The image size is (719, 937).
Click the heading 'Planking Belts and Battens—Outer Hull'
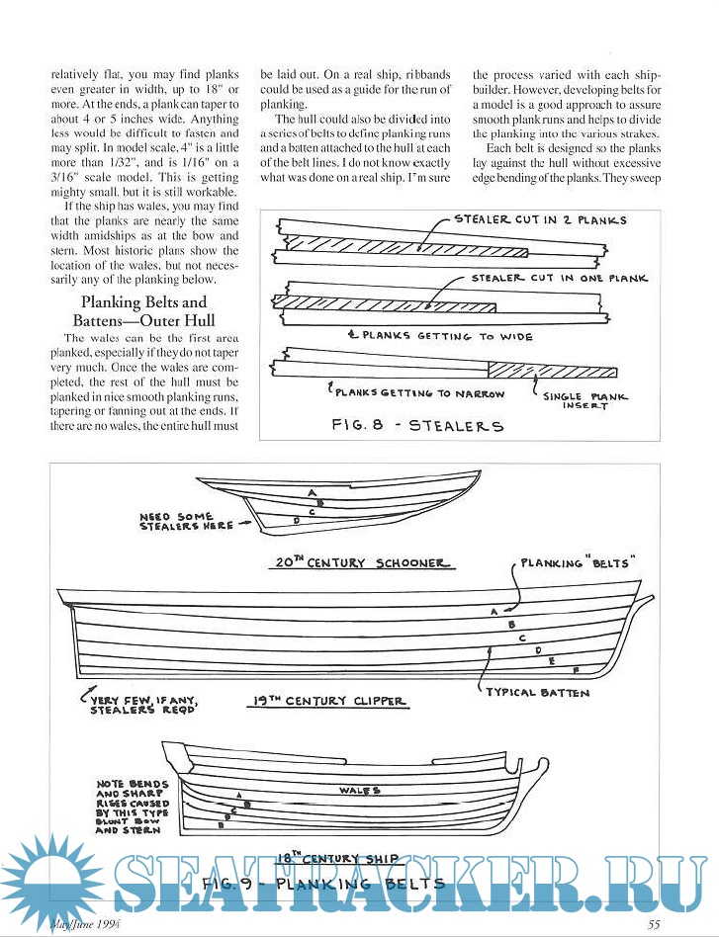[144, 312]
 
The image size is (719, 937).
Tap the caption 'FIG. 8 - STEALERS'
[416, 427]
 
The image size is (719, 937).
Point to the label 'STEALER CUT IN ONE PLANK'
[559, 279]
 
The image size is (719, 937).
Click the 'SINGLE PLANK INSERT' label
[584, 400]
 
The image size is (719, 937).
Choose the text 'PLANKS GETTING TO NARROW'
[419, 393]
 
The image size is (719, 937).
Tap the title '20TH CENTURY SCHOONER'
[361, 563]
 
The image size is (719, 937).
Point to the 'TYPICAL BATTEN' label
[537, 693]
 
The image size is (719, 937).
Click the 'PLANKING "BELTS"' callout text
[577, 562]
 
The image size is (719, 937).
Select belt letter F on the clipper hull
[576, 669]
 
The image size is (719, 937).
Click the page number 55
[654, 925]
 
